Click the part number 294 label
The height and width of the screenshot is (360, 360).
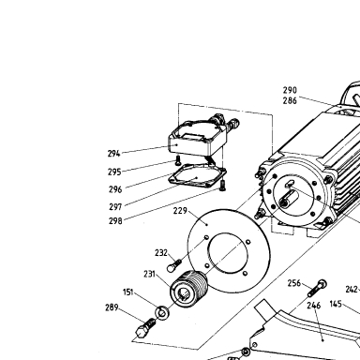click(x=113, y=154)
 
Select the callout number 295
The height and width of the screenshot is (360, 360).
click(x=114, y=172)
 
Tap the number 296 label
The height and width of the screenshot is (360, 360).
click(x=115, y=189)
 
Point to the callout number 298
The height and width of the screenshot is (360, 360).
click(x=115, y=221)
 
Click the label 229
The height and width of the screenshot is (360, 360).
click(x=180, y=211)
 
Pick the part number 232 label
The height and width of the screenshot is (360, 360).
click(x=161, y=252)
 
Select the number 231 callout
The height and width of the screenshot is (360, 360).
click(x=149, y=274)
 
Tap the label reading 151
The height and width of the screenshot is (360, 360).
click(x=128, y=292)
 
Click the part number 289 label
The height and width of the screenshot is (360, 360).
click(x=112, y=307)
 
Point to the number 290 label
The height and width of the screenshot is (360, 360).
click(x=290, y=90)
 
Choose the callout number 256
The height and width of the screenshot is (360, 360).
click(x=294, y=283)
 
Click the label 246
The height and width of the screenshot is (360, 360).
click(x=314, y=306)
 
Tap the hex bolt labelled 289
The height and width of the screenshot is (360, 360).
click(x=145, y=327)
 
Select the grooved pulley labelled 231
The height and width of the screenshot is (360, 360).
click(x=188, y=289)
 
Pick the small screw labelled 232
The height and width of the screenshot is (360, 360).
click(x=173, y=265)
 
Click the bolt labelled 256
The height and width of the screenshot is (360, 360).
click(x=318, y=289)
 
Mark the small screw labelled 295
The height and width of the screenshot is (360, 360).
click(x=178, y=161)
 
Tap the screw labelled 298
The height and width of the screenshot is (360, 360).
click(x=223, y=186)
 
